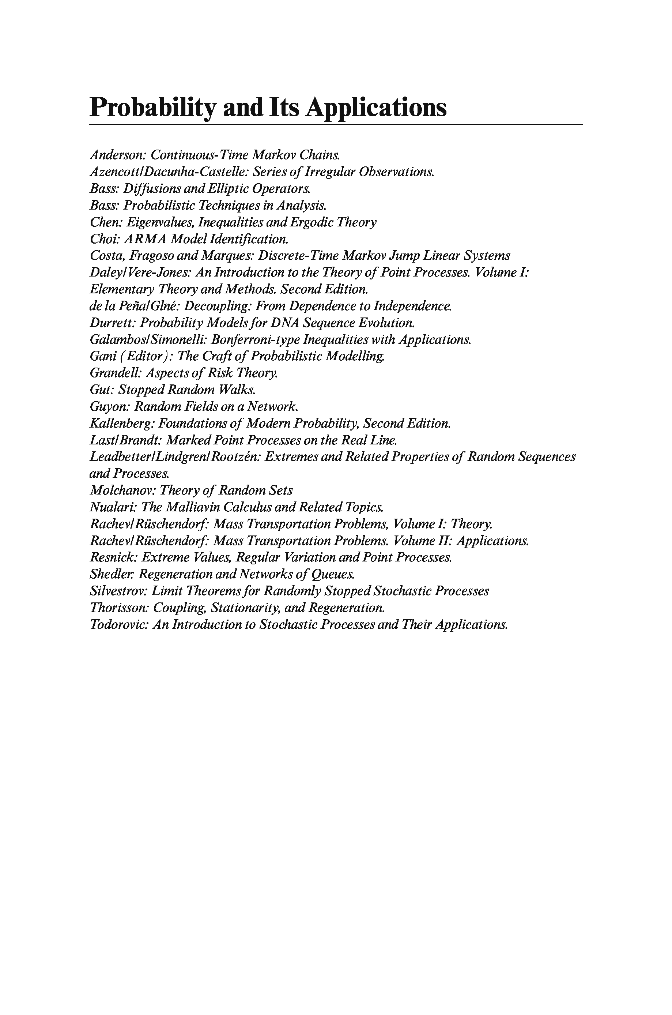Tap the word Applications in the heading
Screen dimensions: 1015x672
[376, 108]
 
